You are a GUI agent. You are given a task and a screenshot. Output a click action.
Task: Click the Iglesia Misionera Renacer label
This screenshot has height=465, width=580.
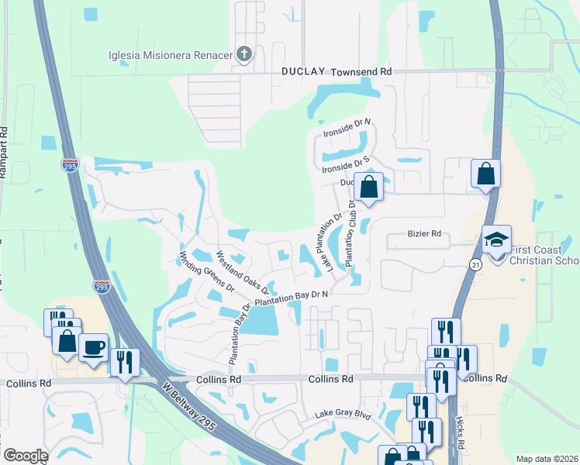[171, 54]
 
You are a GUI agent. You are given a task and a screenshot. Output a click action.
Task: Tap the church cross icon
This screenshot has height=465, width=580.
[244, 54]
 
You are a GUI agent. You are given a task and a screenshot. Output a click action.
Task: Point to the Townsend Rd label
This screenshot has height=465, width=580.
[361, 71]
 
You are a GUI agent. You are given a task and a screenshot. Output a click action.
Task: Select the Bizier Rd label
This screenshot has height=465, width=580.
[424, 233]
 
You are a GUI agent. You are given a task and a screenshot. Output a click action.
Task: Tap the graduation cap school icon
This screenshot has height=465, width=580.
[496, 238]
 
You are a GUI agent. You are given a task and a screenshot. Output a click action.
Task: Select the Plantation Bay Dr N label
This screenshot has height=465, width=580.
[292, 296]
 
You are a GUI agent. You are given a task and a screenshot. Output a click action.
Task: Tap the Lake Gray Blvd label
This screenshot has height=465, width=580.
[344, 415]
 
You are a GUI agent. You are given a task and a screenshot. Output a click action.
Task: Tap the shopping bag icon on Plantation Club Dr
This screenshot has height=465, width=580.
[369, 187]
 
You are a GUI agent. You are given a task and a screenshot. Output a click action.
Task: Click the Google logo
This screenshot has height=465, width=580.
[26, 456]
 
